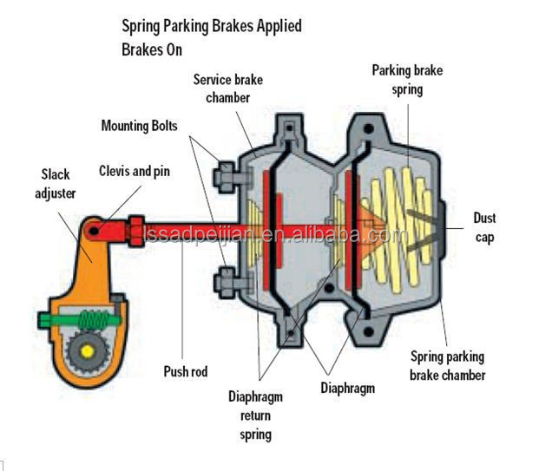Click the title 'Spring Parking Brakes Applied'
(x=212, y=26)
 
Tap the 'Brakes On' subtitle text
(x=152, y=49)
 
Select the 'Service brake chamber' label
(x=227, y=88)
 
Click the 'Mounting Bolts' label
(x=139, y=126)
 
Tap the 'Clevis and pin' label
(x=135, y=171)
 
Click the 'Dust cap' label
(x=484, y=227)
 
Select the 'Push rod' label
(x=186, y=371)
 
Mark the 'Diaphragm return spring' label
(x=255, y=415)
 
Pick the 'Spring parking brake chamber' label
(x=449, y=366)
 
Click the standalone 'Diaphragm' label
(x=347, y=389)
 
